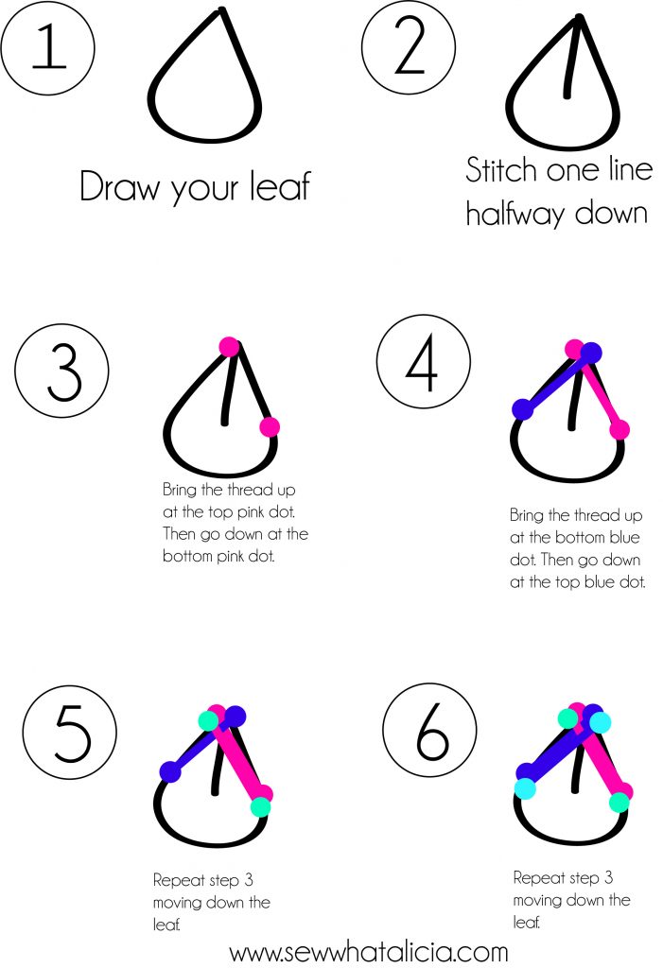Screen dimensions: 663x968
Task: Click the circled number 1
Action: [x=47, y=47]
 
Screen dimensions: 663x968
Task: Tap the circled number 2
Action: [x=409, y=46]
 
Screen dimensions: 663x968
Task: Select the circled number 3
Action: [x=61, y=371]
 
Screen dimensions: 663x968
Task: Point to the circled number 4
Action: [x=424, y=361]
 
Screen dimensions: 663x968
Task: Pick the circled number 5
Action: [x=70, y=733]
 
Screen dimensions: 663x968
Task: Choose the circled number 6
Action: [x=429, y=731]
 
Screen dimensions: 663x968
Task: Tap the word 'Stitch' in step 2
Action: [x=501, y=170]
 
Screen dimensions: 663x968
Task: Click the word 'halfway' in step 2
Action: [x=515, y=215]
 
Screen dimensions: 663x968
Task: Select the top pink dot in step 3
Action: [x=229, y=347]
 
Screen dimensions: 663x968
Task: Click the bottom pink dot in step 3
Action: [x=270, y=426]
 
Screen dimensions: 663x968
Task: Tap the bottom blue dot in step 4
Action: [x=523, y=408]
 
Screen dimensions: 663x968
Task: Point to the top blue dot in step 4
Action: [x=591, y=354]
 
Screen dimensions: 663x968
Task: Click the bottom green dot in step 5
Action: [x=261, y=807]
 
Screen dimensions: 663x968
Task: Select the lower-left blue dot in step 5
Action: [x=170, y=771]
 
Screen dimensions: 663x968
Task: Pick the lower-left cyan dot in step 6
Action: [x=525, y=788]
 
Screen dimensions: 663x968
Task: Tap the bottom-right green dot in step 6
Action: [x=619, y=803]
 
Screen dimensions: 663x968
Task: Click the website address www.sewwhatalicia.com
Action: [x=369, y=953]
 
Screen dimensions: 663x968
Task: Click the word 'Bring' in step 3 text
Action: [x=179, y=491]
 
